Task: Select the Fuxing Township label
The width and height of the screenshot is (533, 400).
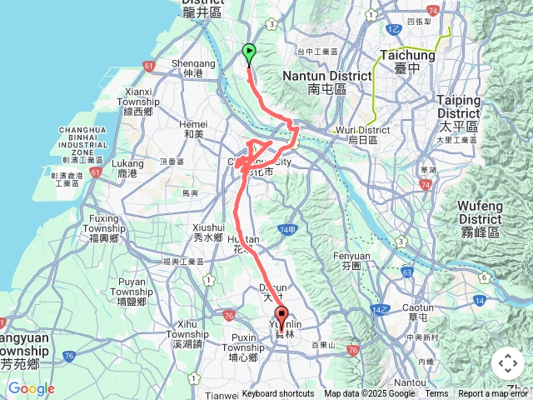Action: click(x=104, y=232)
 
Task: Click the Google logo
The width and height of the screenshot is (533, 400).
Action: click(x=31, y=388)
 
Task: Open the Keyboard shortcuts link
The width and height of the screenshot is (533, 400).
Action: click(x=278, y=394)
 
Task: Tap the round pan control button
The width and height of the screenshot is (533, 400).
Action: click(x=508, y=363)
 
